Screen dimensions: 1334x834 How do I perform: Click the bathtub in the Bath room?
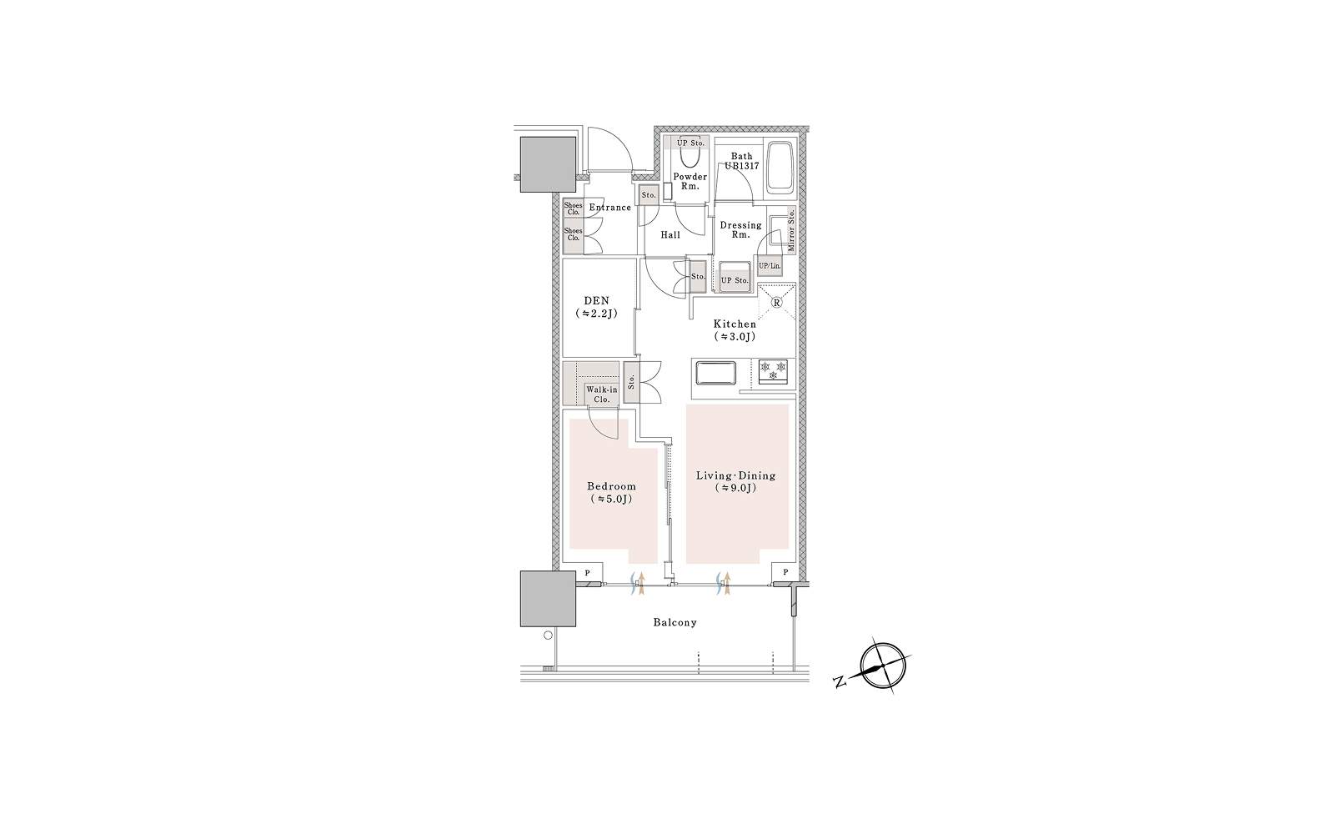pyautogui.click(x=780, y=168)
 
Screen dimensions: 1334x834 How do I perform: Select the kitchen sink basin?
pyautogui.click(x=715, y=373)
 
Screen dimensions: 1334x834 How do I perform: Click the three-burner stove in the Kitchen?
pyautogui.click(x=773, y=370)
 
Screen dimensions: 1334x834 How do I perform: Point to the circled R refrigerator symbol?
pyautogui.click(x=776, y=302)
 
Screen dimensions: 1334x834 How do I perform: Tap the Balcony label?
pyautogui.click(x=675, y=622)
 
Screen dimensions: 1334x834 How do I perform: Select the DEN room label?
pyautogui.click(x=596, y=301)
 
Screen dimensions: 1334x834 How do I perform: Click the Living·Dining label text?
pyautogui.click(x=736, y=475)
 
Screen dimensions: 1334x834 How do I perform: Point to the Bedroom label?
pyautogui.click(x=611, y=486)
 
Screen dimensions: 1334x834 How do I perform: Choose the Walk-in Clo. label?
pyautogui.click(x=601, y=394)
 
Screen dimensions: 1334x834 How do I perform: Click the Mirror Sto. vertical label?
pyautogui.click(x=791, y=230)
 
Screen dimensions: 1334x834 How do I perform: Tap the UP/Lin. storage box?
pyautogui.click(x=770, y=266)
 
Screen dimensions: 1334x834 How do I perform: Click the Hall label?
pyautogui.click(x=670, y=234)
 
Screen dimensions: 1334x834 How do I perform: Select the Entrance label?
pyautogui.click(x=609, y=208)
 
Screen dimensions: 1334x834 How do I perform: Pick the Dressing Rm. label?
pyautogui.click(x=740, y=229)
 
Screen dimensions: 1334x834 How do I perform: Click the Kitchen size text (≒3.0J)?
pyautogui.click(x=735, y=337)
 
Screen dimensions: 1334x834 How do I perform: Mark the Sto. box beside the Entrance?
pyautogui.click(x=649, y=195)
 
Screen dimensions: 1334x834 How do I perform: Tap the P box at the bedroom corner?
pyautogui.click(x=587, y=573)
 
